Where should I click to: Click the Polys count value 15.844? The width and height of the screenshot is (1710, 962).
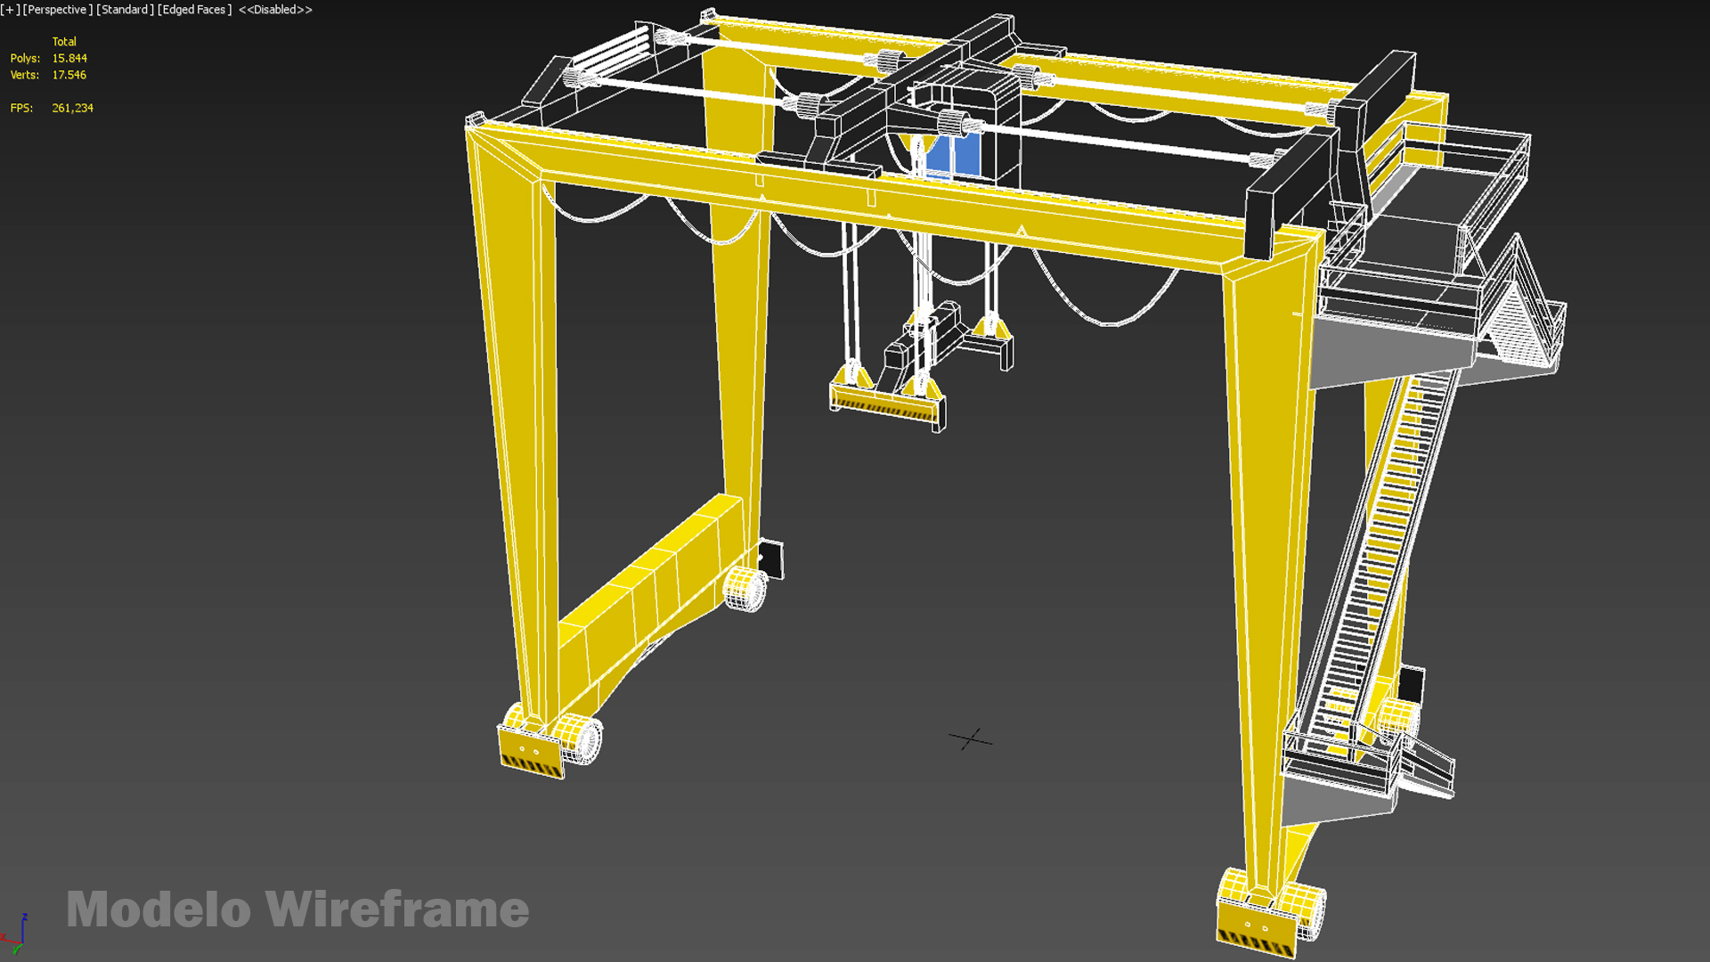(x=69, y=59)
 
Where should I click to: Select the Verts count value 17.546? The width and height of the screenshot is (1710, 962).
(x=69, y=76)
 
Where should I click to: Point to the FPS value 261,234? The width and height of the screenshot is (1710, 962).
(x=72, y=108)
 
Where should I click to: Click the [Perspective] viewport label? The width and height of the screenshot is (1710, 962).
(x=57, y=10)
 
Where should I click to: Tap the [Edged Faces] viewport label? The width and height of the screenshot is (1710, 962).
(x=194, y=10)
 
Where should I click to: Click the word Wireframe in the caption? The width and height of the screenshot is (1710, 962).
(x=397, y=909)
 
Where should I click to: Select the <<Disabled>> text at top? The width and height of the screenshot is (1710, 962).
(x=275, y=10)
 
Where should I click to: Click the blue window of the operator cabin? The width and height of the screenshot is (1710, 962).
(x=953, y=155)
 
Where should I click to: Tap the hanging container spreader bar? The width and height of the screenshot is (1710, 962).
(x=885, y=405)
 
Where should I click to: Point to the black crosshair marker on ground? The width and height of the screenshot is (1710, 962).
(x=971, y=739)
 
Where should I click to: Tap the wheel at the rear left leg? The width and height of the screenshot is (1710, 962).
(x=745, y=588)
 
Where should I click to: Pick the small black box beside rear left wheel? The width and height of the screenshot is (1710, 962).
(x=771, y=559)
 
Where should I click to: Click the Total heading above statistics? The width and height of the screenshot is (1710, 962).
(x=64, y=42)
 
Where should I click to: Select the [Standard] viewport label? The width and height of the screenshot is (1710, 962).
(x=125, y=10)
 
